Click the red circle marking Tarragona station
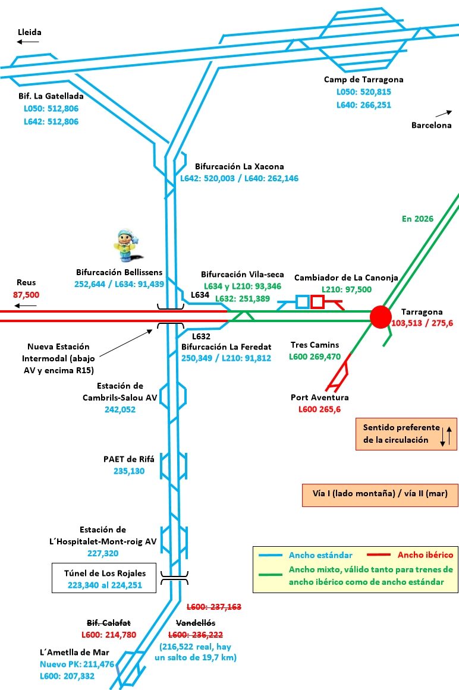(380, 317)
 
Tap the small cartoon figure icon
(125, 245)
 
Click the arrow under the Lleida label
(28, 42)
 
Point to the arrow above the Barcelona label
(444, 113)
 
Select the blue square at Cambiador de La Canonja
(302, 301)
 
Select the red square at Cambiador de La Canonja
(317, 301)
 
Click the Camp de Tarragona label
(363, 80)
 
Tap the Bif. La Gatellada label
(51, 95)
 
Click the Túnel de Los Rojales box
(104, 578)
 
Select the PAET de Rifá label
(128, 459)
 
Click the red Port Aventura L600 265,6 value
(319, 409)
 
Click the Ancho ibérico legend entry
(425, 555)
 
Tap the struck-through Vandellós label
(196, 623)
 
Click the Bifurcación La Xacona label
(239, 166)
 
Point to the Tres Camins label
(315, 345)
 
